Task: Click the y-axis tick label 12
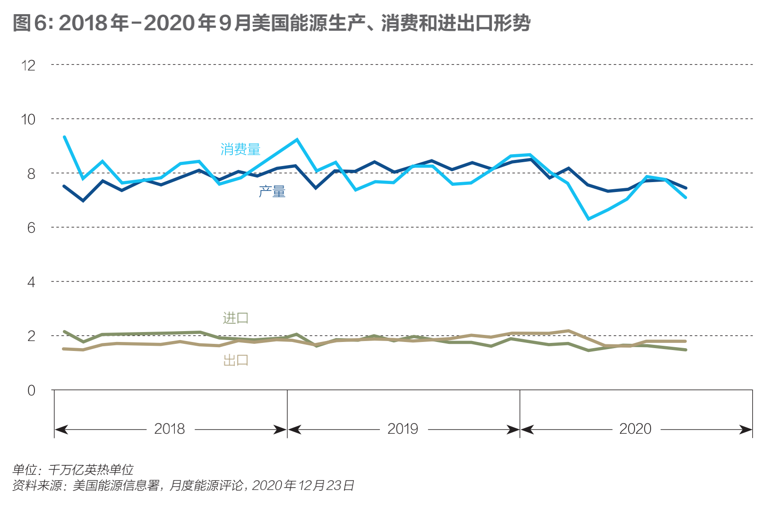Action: pyautogui.click(x=28, y=65)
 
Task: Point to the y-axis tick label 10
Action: pyautogui.click(x=28, y=119)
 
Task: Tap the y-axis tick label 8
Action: pyautogui.click(x=31, y=174)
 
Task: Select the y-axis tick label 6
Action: pyautogui.click(x=31, y=228)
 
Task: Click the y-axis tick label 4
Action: pyautogui.click(x=31, y=282)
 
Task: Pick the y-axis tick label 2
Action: pyautogui.click(x=31, y=336)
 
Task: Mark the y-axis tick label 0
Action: pyautogui.click(x=31, y=391)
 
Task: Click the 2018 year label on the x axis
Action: pyautogui.click(x=170, y=429)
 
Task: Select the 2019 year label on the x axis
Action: pyautogui.click(x=403, y=429)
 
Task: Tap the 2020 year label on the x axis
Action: pyautogui.click(x=635, y=429)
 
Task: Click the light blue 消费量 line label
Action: pyautogui.click(x=240, y=149)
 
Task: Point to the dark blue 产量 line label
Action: pyautogui.click(x=272, y=192)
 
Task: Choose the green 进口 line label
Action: pyautogui.click(x=235, y=318)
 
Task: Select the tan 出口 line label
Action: pyautogui.click(x=235, y=360)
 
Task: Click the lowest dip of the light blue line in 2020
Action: pyautogui.click(x=589, y=219)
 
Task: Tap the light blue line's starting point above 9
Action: pyautogui.click(x=64, y=137)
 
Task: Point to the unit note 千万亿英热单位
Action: pyautogui.click(x=91, y=469)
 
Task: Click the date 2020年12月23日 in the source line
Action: pyautogui.click(x=303, y=485)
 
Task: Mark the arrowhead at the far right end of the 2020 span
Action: pyautogui.click(x=747, y=429)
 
